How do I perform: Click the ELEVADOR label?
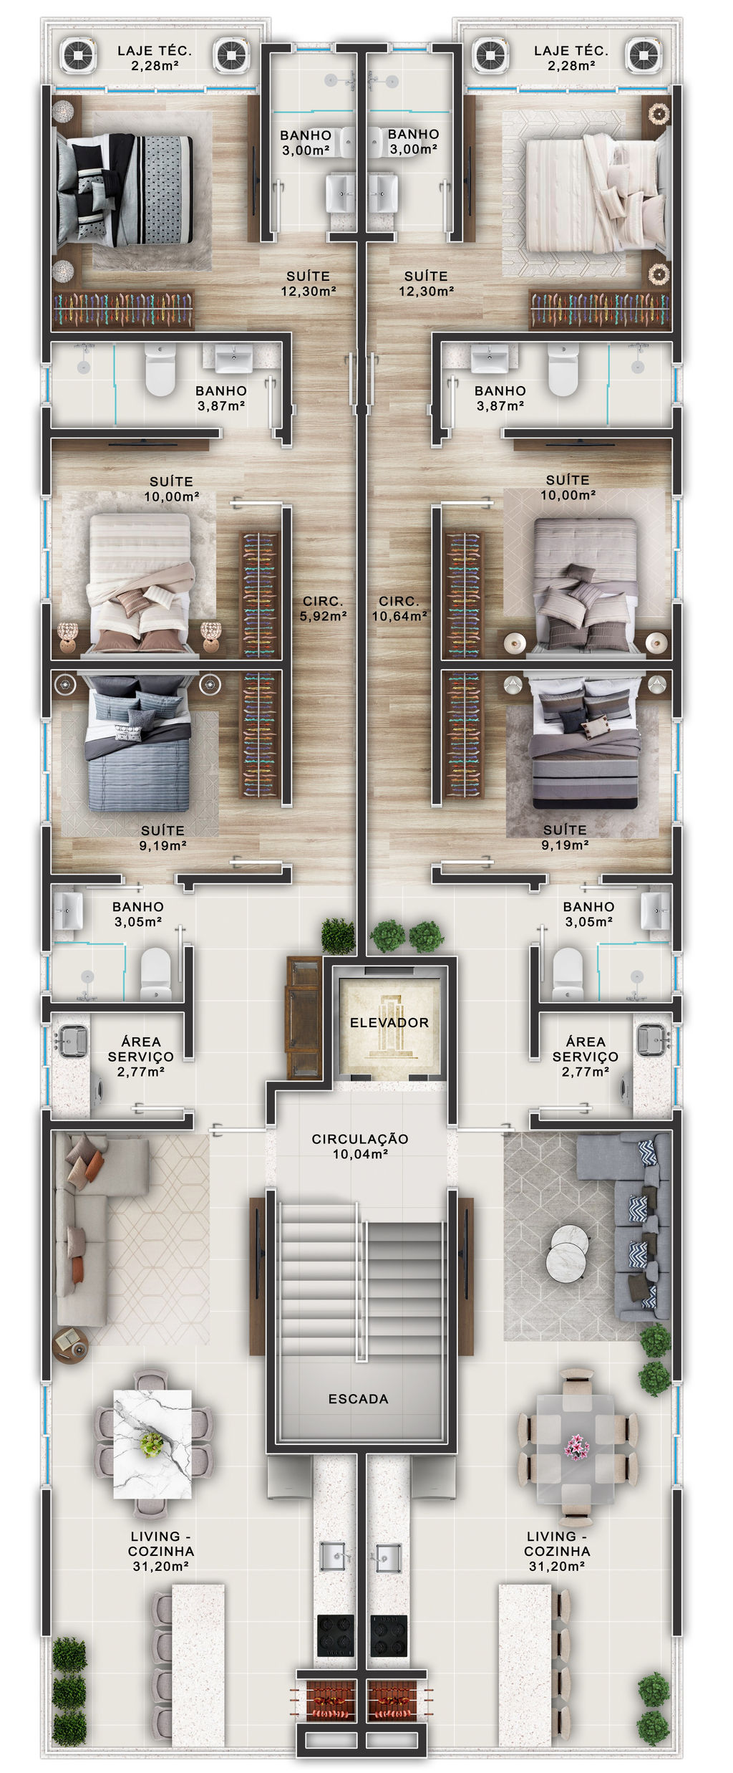389,1022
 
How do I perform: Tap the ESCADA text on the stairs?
358,1398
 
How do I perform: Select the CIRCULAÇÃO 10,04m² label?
360,1145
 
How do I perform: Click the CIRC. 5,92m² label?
323,608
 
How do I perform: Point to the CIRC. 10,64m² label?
399,608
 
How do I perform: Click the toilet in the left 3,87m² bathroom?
160,370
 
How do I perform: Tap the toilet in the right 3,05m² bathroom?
568,974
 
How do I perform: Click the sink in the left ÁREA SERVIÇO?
73,1040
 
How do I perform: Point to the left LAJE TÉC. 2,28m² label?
155,58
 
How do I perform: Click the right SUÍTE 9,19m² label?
565,837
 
